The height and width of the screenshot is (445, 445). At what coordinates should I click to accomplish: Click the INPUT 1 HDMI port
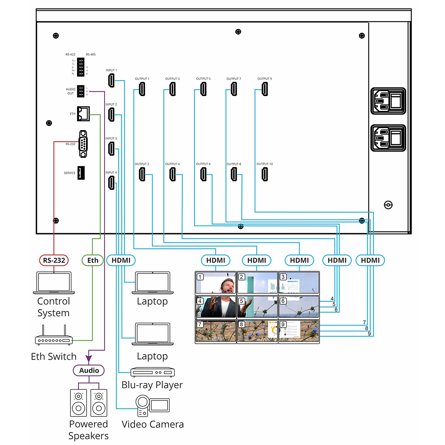(111, 80)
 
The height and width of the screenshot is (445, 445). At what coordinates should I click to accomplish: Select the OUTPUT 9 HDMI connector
(265, 89)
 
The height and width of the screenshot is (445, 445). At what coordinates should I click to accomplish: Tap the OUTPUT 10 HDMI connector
(265, 174)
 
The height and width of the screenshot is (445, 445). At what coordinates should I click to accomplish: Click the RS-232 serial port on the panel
(83, 144)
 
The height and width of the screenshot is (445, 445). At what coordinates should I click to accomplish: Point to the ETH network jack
(83, 113)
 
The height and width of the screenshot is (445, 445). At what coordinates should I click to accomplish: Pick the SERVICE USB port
(81, 173)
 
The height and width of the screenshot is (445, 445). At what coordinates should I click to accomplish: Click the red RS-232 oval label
(54, 260)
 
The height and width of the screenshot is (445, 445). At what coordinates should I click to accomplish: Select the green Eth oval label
(93, 260)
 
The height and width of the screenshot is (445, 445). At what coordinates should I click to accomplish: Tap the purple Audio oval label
(89, 370)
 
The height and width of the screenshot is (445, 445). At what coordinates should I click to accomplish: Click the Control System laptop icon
(54, 283)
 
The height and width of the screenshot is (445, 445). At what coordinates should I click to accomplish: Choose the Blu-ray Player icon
(152, 372)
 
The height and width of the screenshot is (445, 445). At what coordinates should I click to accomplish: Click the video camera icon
(152, 405)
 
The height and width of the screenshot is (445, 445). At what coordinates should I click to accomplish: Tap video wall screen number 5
(257, 307)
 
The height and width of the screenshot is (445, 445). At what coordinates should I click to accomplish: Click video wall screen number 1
(216, 283)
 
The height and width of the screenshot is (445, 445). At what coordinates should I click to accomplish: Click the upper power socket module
(388, 101)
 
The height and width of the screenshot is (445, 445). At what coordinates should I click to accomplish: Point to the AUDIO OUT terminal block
(80, 91)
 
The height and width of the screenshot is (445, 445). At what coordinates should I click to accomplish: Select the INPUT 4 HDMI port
(111, 183)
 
